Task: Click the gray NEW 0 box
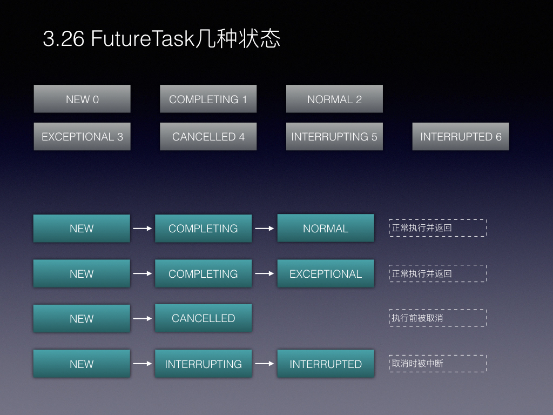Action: coord(82,99)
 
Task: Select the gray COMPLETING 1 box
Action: coord(208,99)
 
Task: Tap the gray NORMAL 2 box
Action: coord(334,99)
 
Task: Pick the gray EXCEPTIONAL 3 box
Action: coord(82,137)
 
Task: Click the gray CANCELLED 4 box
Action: coord(208,137)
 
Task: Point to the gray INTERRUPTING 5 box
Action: coord(334,137)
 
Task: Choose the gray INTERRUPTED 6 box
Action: coord(461,137)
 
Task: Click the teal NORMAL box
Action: coord(326,228)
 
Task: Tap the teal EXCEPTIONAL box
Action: coord(326,273)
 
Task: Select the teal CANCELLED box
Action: coord(204,318)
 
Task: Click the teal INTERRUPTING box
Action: coord(204,364)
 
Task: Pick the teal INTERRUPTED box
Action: coord(326,364)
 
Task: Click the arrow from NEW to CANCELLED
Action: coord(143,318)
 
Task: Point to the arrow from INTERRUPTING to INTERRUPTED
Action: coord(265,364)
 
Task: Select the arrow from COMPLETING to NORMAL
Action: coord(265,229)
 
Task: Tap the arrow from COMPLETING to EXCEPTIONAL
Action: coord(265,273)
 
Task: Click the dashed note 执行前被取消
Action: coord(438,318)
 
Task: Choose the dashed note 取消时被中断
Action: coord(438,364)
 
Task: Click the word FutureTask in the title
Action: coord(143,38)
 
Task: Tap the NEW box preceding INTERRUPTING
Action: coord(82,364)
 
